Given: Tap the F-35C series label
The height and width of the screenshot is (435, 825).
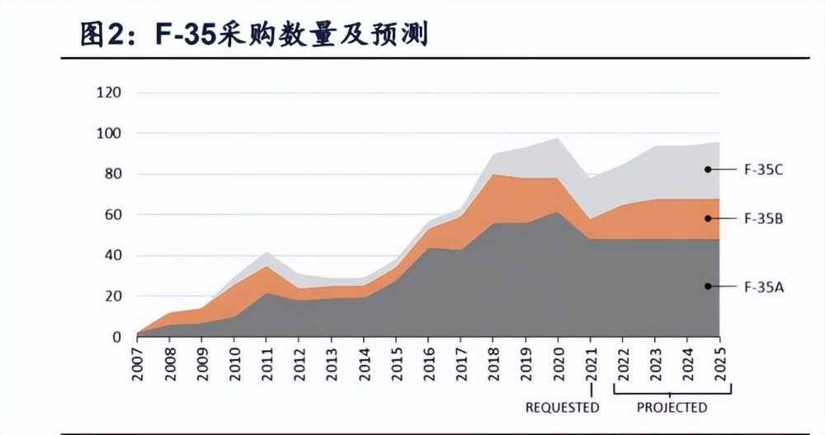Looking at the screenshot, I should (763, 170).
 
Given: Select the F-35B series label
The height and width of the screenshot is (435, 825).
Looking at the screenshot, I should (763, 219).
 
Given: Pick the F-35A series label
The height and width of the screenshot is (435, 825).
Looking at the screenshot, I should (763, 286).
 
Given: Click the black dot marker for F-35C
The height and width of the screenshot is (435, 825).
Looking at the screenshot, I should (708, 169).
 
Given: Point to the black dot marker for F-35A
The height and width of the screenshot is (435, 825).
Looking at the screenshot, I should (708, 286).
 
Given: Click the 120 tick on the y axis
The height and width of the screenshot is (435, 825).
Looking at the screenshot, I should (109, 92).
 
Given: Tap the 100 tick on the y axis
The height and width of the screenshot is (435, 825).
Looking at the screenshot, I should (109, 134).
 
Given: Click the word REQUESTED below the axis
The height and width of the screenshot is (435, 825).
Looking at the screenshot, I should (563, 408).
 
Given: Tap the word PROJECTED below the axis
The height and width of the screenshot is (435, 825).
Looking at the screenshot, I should (672, 408).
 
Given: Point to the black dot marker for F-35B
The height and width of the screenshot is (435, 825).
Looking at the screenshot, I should (708, 218).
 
